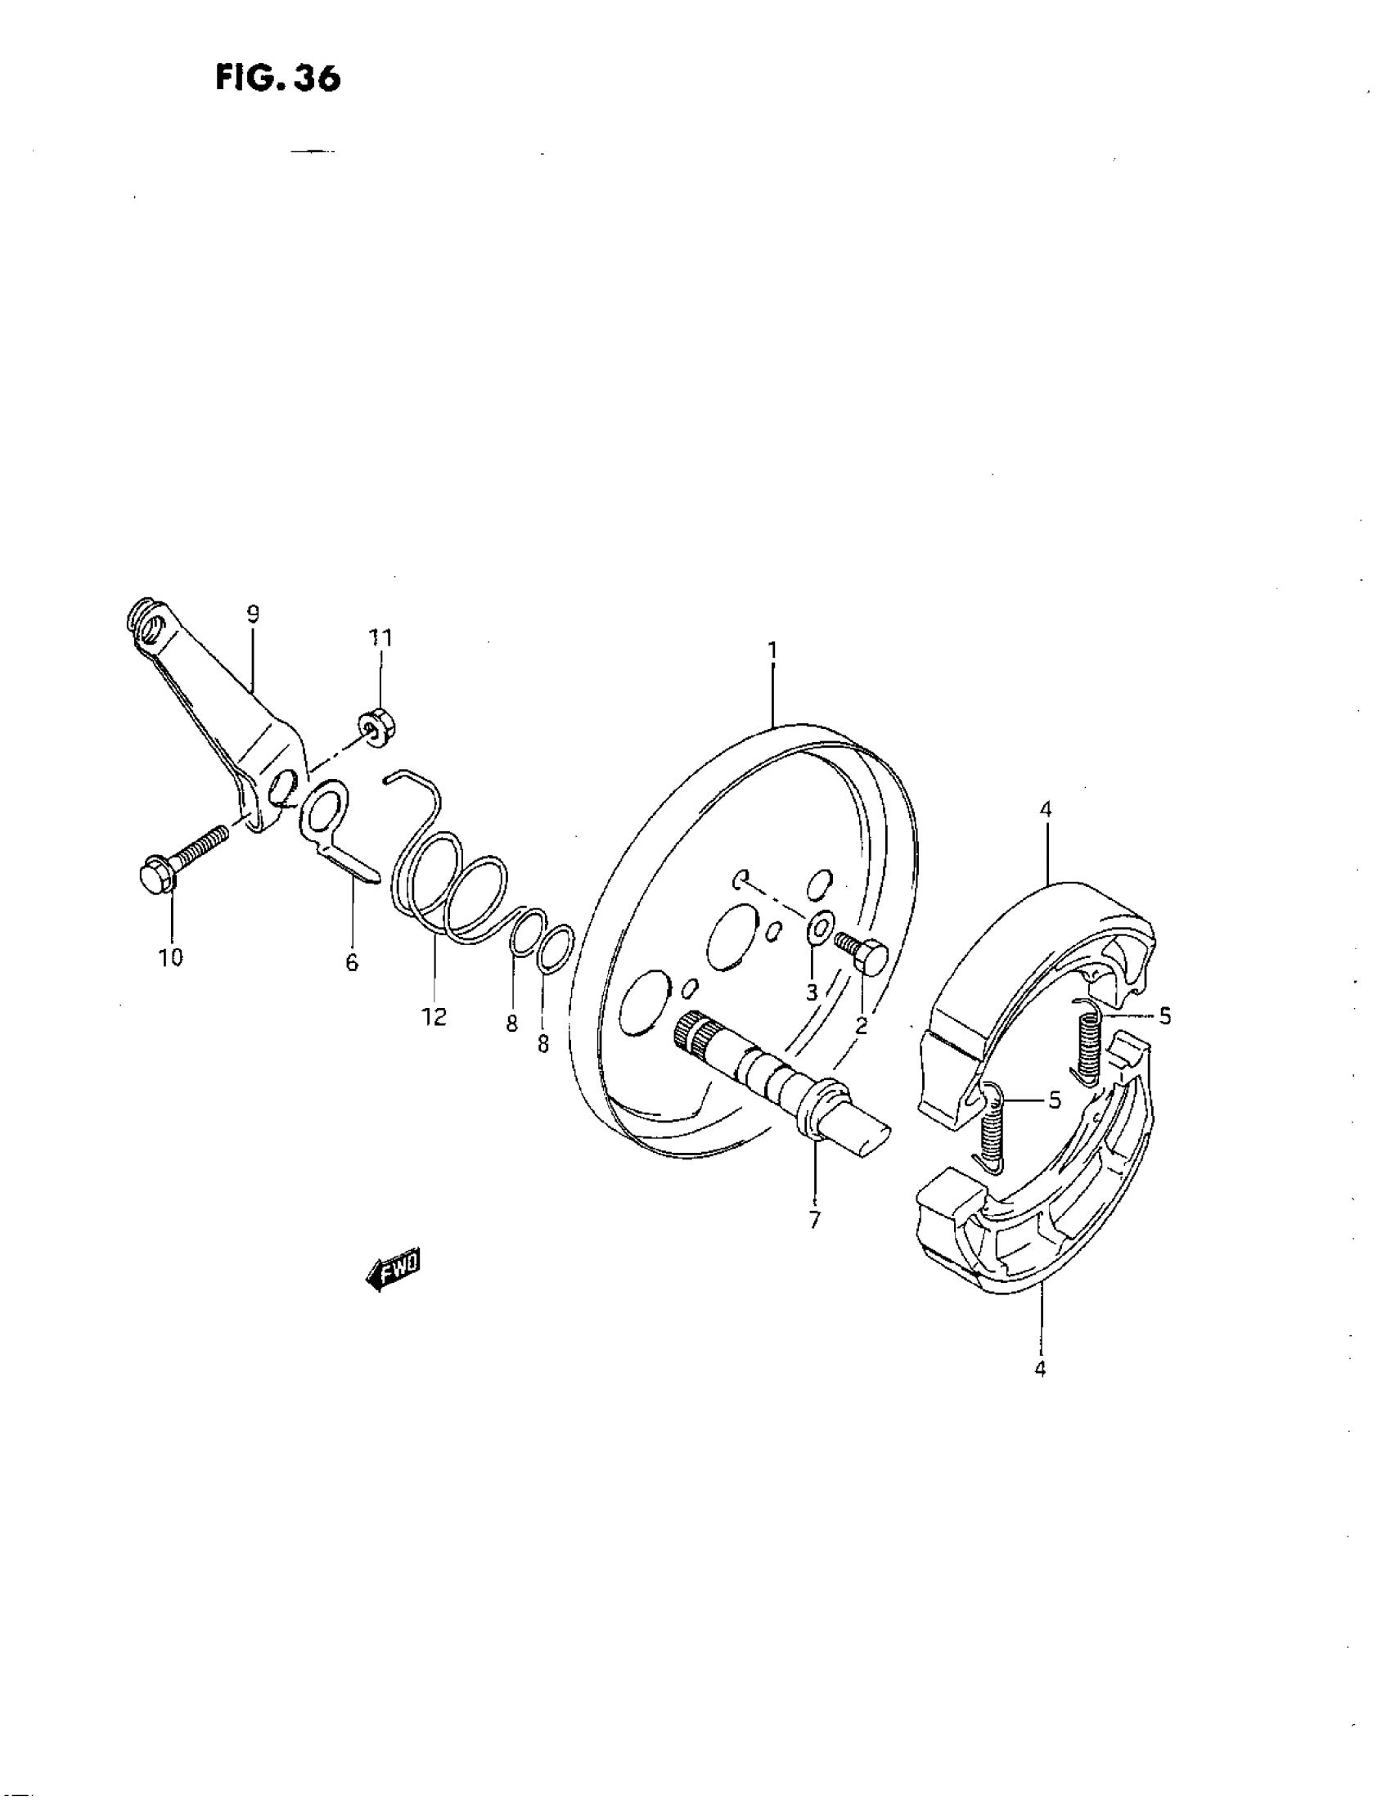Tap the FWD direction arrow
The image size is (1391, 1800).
(394, 1271)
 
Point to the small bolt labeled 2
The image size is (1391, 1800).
(862, 951)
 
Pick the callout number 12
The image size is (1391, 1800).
(434, 1017)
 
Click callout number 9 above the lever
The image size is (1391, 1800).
(252, 614)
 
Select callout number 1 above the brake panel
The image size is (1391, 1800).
(772, 650)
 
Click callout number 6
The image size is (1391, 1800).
(352, 962)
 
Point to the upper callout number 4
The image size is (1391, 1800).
(1045, 809)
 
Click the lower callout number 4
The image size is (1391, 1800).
(1040, 1369)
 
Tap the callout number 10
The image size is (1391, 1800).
(171, 958)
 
